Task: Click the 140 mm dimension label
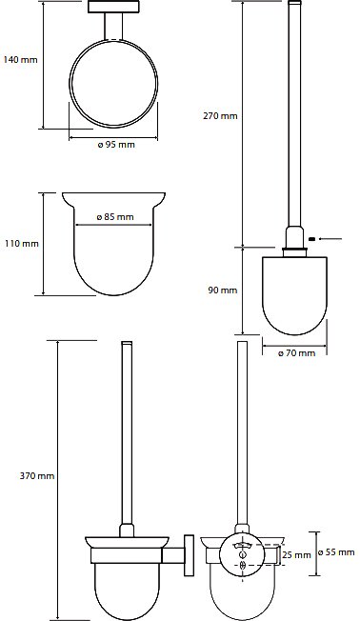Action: [x=21, y=60]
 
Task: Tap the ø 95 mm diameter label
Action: [x=116, y=145]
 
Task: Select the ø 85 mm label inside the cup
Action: [x=115, y=216]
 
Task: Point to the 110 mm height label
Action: [x=22, y=243]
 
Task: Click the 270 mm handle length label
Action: [x=220, y=116]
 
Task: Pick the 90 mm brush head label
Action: [x=223, y=290]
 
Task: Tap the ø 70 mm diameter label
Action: [x=296, y=352]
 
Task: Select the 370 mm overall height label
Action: [x=37, y=475]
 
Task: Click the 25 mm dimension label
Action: [x=296, y=555]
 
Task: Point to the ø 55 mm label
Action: [x=336, y=551]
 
